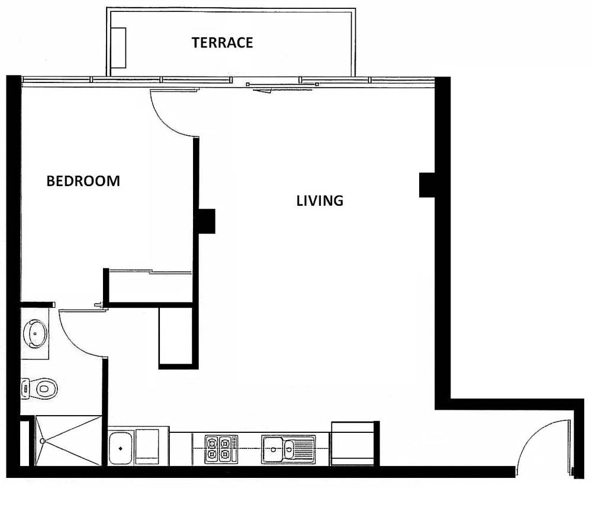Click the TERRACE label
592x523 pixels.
click(222, 42)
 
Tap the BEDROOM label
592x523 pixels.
click(83, 181)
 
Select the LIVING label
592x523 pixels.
click(320, 200)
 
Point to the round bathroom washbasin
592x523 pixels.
click(35, 334)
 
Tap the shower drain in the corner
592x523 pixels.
click(42, 441)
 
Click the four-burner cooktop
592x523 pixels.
click(221, 449)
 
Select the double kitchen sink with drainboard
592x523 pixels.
click(288, 449)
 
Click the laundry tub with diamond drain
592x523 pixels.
click(121, 448)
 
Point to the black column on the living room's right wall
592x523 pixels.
click(427, 185)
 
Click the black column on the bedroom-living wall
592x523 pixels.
click(207, 221)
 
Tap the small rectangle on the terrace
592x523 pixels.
click(118, 48)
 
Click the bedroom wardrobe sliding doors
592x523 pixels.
click(150, 272)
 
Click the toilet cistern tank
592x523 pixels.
click(25, 388)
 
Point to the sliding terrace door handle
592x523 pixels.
click(263, 90)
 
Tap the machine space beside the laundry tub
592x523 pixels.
click(147, 447)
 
